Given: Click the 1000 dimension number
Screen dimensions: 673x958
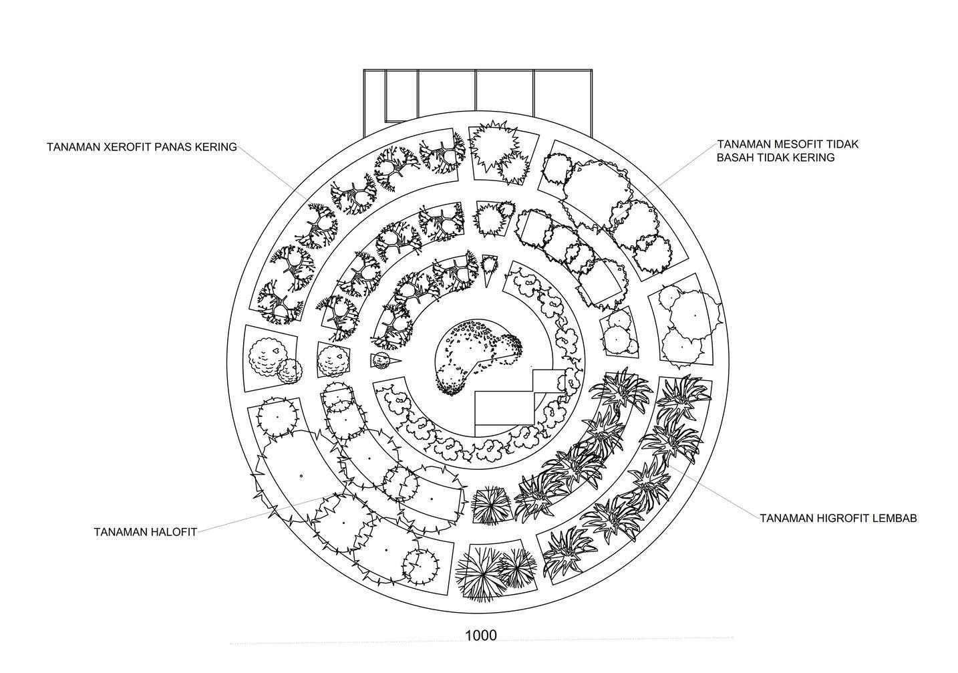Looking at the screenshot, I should pyautogui.click(x=480, y=635).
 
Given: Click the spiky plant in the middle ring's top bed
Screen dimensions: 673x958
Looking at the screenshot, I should pyautogui.click(x=494, y=218).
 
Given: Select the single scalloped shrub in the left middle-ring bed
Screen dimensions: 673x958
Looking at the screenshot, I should pyautogui.click(x=333, y=362).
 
